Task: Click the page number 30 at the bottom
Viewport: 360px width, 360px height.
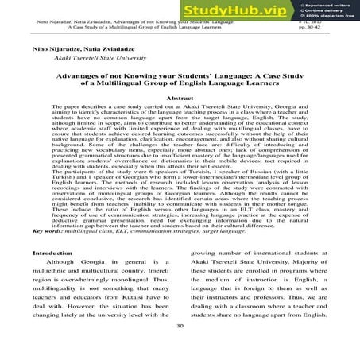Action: click(x=180, y=346)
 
